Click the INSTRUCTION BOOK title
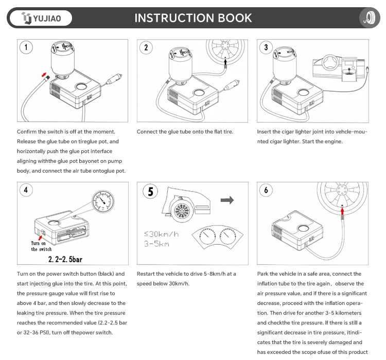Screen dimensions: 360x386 click(x=193, y=18)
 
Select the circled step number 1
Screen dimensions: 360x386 click(x=26, y=48)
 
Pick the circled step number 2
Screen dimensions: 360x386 click(x=146, y=48)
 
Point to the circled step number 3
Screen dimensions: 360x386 click(x=266, y=48)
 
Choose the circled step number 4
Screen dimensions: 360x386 click(x=26, y=190)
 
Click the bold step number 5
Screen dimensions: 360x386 click(x=150, y=192)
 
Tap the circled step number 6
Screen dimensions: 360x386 click(x=266, y=190)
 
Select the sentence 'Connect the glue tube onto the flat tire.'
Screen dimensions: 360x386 click(x=185, y=132)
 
